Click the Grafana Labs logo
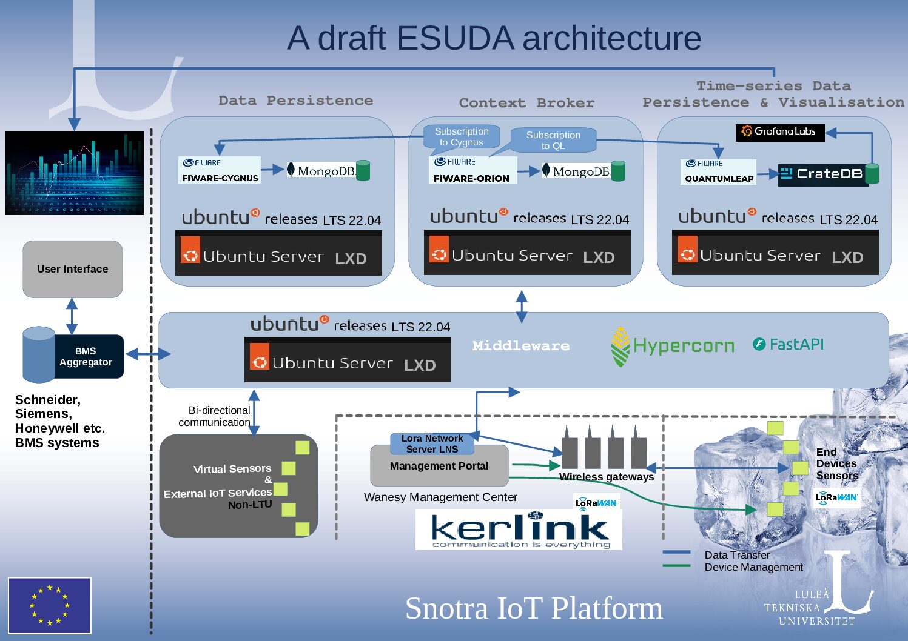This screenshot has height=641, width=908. (x=780, y=131)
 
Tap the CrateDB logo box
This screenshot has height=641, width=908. (x=823, y=174)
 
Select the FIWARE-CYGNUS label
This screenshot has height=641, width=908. (x=220, y=178)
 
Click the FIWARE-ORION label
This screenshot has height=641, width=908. (x=471, y=178)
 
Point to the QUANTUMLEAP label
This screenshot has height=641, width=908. (x=719, y=178)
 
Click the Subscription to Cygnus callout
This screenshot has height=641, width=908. (x=462, y=137)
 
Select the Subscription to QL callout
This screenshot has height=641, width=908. (x=553, y=140)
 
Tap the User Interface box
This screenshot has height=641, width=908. (x=73, y=269)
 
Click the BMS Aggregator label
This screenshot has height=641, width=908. (x=86, y=356)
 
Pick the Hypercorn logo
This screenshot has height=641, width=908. (x=672, y=346)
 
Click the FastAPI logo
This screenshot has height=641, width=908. (x=788, y=344)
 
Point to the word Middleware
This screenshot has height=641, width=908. (x=521, y=346)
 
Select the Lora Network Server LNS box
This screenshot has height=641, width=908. (x=432, y=443)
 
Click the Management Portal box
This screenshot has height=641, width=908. (x=439, y=467)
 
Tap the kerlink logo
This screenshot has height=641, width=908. (x=519, y=530)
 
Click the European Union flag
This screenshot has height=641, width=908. (x=50, y=605)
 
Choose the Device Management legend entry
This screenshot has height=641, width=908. (x=753, y=567)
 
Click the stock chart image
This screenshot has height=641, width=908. (x=74, y=173)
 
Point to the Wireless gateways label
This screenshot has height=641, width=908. (x=607, y=477)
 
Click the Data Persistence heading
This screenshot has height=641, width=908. (x=296, y=101)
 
